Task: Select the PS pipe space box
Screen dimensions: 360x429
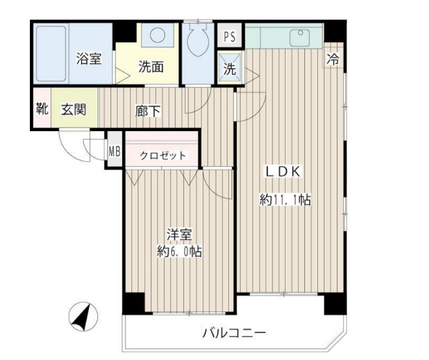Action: [230, 36]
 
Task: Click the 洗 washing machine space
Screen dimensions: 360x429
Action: [230, 69]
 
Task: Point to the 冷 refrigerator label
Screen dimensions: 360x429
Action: [333, 60]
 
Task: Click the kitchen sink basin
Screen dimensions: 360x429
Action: [300, 36]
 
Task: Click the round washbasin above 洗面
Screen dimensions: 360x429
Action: [158, 36]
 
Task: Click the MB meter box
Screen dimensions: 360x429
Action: [114, 152]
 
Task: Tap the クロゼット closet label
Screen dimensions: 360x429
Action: [164, 156]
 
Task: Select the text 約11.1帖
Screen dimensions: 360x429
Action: [286, 200]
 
